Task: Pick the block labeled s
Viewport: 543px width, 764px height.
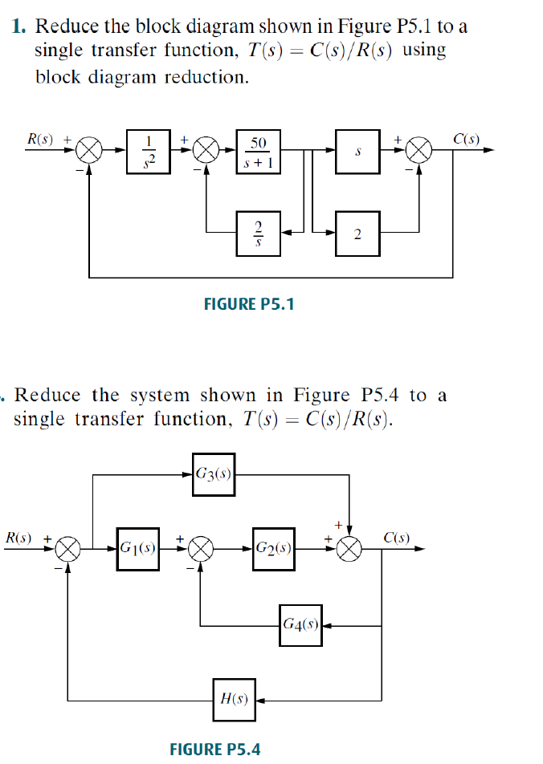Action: coord(357,150)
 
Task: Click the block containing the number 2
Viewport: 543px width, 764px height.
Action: coord(357,234)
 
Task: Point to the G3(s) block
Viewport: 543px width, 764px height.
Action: coord(213,473)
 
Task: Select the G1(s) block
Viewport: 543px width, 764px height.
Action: coord(137,549)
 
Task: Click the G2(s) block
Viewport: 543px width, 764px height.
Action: coord(273,549)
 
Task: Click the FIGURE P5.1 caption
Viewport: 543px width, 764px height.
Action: coord(251,303)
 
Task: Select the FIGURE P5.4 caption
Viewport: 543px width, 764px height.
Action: coord(215,749)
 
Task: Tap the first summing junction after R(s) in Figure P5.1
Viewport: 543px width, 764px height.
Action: coord(90,150)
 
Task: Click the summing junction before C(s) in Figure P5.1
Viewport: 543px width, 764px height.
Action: coord(419,150)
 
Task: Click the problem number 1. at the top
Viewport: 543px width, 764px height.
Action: coord(21,26)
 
